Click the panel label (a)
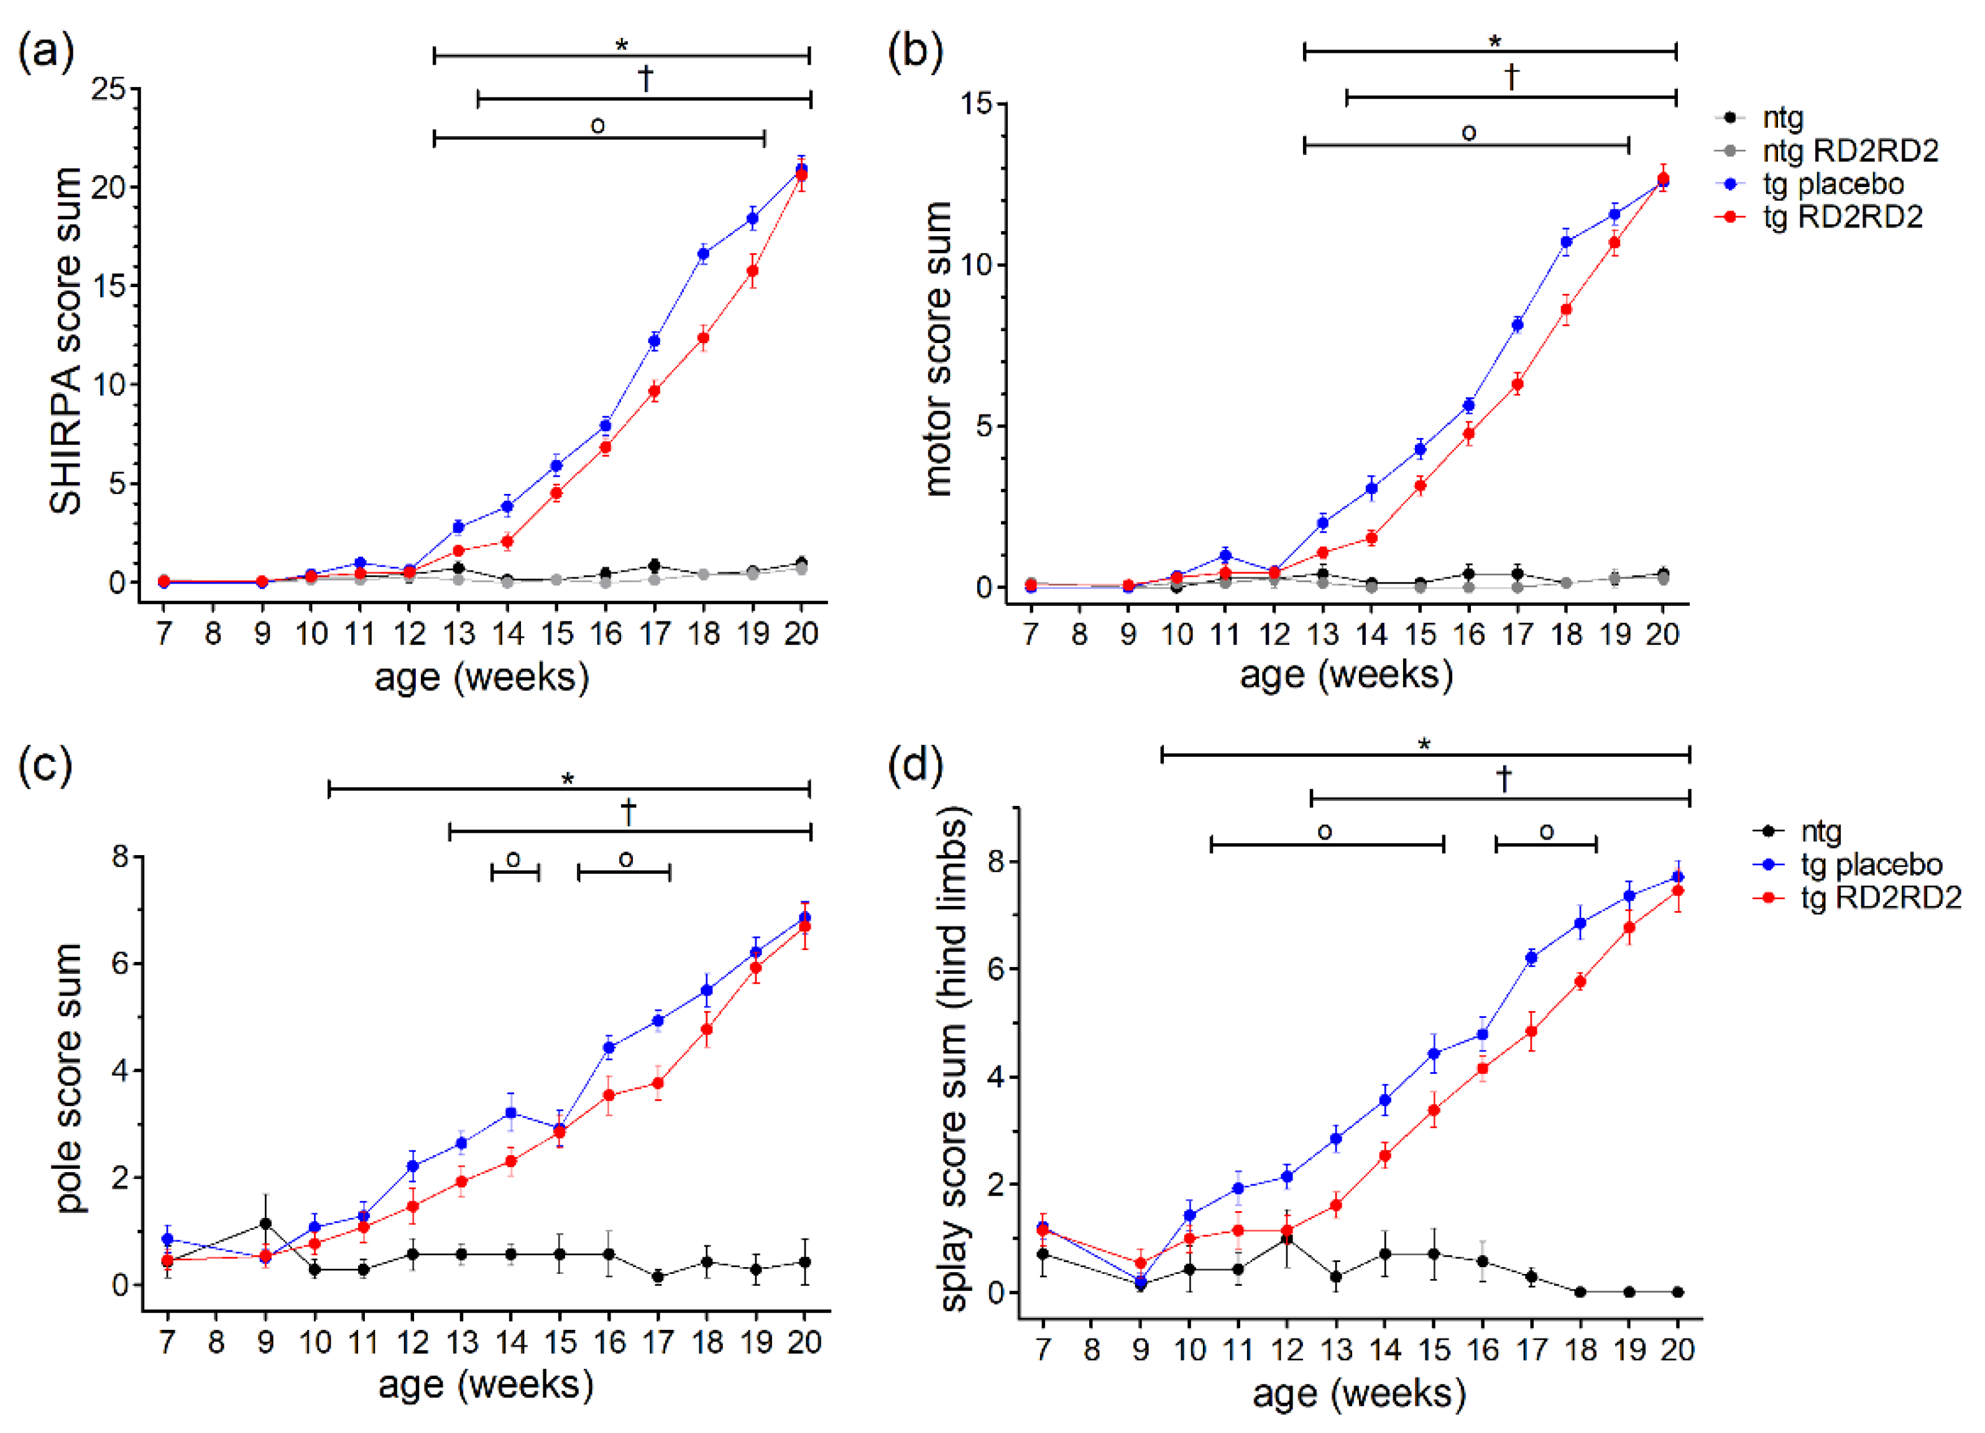(45, 52)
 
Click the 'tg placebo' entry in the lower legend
(1871, 864)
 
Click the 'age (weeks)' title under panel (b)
(1346, 674)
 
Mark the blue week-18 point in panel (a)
(703, 254)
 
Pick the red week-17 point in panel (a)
(654, 391)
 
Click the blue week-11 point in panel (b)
(1225, 555)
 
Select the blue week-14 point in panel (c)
(511, 1113)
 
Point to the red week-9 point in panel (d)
(1140, 1263)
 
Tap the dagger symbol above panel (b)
(1511, 77)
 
